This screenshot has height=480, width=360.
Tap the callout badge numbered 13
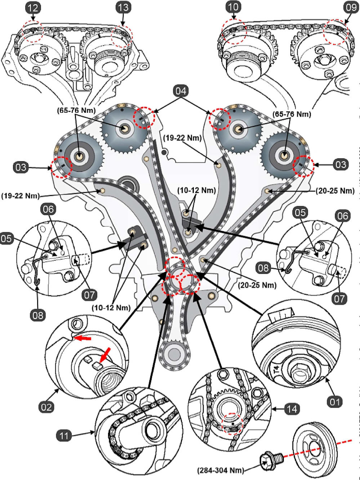tap(124, 7)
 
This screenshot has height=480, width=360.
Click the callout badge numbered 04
tap(181, 91)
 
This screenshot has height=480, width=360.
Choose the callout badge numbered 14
tap(293, 409)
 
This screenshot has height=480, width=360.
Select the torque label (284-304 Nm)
tap(221, 470)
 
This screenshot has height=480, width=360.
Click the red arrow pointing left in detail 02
tap(81, 338)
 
